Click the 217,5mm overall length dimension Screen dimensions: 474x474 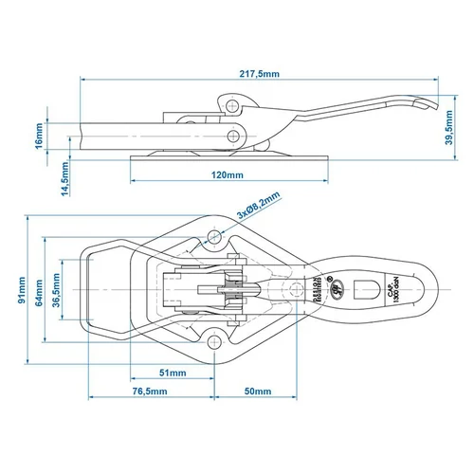coord(259,72)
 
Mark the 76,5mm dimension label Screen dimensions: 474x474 coord(150,391)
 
